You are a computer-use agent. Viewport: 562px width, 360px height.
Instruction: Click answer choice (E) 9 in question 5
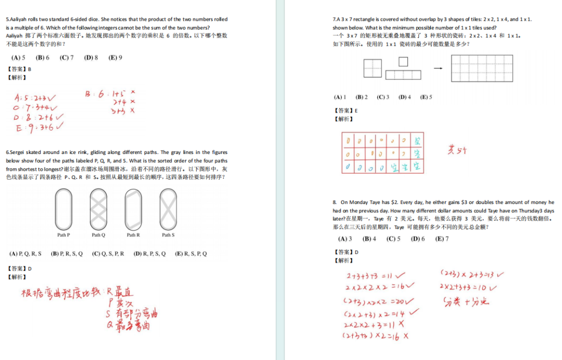(x=115, y=58)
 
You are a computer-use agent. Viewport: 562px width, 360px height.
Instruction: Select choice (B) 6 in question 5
(x=42, y=58)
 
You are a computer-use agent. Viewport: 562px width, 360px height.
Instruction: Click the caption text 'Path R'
(x=133, y=235)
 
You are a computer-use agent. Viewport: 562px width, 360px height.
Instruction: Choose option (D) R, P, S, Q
(x=149, y=254)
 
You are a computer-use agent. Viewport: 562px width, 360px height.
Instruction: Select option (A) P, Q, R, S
(x=25, y=254)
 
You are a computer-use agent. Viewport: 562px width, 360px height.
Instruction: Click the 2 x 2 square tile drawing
(x=372, y=68)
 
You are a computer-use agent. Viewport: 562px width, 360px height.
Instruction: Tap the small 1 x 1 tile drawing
(x=403, y=62)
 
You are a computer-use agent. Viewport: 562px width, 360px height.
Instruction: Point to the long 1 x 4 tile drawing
(x=403, y=74)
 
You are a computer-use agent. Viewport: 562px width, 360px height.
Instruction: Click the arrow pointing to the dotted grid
(x=438, y=68)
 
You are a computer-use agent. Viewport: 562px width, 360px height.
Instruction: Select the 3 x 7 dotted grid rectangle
(x=481, y=68)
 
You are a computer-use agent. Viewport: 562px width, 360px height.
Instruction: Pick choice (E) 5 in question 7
(x=426, y=97)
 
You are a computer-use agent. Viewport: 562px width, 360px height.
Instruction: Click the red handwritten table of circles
(x=382, y=153)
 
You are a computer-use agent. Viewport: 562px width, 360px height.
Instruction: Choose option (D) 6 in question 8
(x=417, y=239)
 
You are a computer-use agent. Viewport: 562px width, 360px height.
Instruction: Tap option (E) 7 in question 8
(x=442, y=239)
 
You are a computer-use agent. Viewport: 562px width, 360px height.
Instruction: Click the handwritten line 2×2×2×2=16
(x=379, y=287)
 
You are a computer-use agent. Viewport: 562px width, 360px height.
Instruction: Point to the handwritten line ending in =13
(x=472, y=274)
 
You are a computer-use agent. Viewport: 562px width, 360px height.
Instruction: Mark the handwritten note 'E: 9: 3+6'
(x=39, y=127)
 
